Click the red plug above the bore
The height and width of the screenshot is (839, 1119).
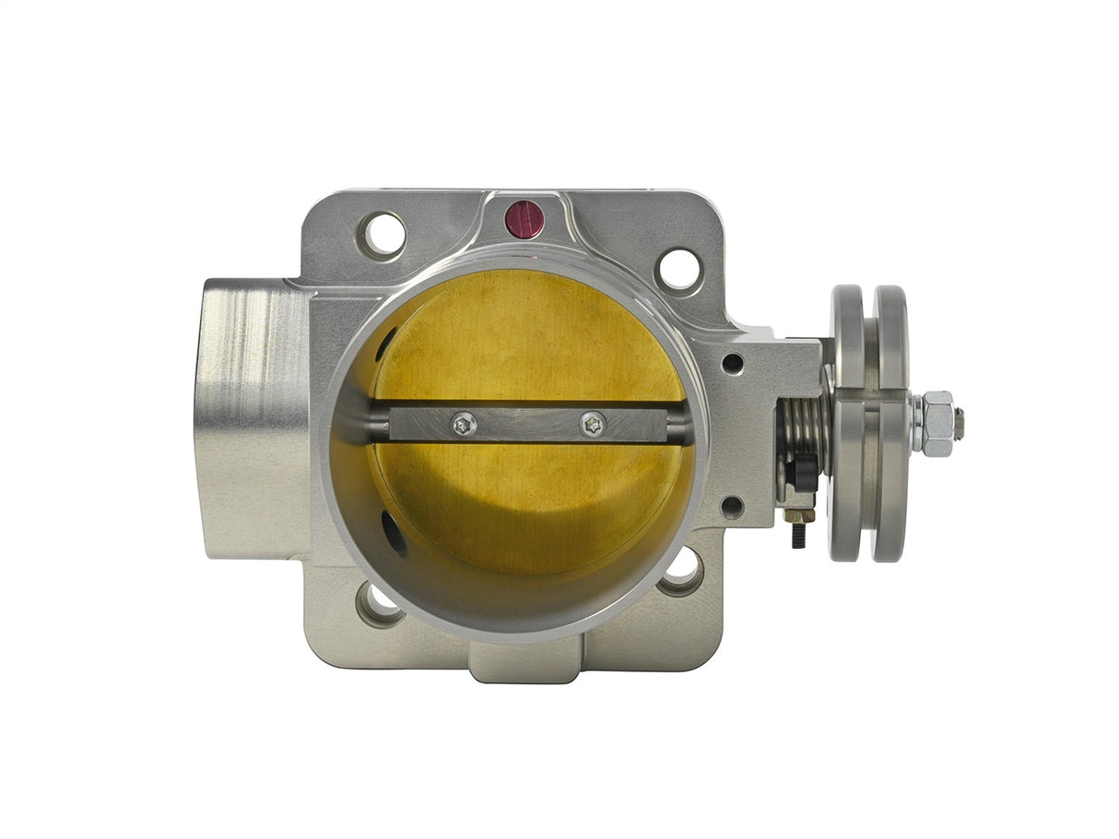(524, 219)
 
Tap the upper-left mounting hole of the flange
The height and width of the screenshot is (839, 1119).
(382, 234)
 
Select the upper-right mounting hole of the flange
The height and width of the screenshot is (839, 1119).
(679, 270)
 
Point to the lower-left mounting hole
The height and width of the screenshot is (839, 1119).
(380, 603)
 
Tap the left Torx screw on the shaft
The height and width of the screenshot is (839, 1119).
(464, 424)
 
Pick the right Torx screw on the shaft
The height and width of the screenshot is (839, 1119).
(593, 425)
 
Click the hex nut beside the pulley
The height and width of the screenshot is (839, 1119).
(936, 424)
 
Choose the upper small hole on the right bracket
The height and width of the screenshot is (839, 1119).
(733, 363)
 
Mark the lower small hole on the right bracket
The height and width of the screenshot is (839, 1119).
(733, 506)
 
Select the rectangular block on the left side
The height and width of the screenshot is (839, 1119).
(249, 419)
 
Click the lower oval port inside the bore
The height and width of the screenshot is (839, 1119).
(395, 534)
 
